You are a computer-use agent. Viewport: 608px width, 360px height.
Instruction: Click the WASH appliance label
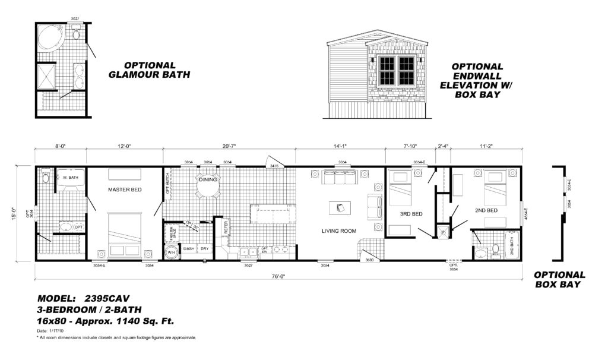pyautogui.click(x=189, y=249)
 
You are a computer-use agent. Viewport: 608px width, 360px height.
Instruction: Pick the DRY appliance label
pyautogui.click(x=204, y=249)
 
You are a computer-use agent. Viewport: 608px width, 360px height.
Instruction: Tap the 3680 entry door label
pyautogui.click(x=369, y=260)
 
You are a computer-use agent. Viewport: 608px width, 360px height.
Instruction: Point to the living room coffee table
pyautogui.click(x=340, y=207)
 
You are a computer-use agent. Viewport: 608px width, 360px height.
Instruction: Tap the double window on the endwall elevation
pyautogui.click(x=397, y=70)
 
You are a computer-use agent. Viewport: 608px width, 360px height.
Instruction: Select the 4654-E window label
pyautogui.click(x=526, y=213)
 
